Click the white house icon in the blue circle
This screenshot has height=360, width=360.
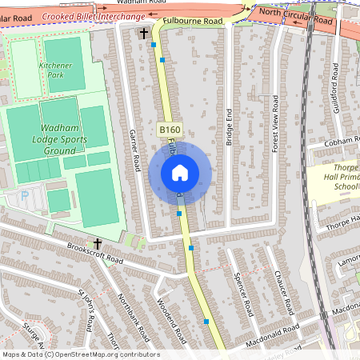(179, 172)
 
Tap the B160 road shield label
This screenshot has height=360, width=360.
(168, 129)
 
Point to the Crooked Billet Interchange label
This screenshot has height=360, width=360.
(94, 16)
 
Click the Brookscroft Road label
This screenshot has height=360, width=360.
(96, 255)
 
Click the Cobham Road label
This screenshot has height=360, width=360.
(339, 142)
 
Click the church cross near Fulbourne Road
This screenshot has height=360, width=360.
(144, 34)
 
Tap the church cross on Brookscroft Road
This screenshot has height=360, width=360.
(98, 242)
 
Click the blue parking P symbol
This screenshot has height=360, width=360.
(23, 194)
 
